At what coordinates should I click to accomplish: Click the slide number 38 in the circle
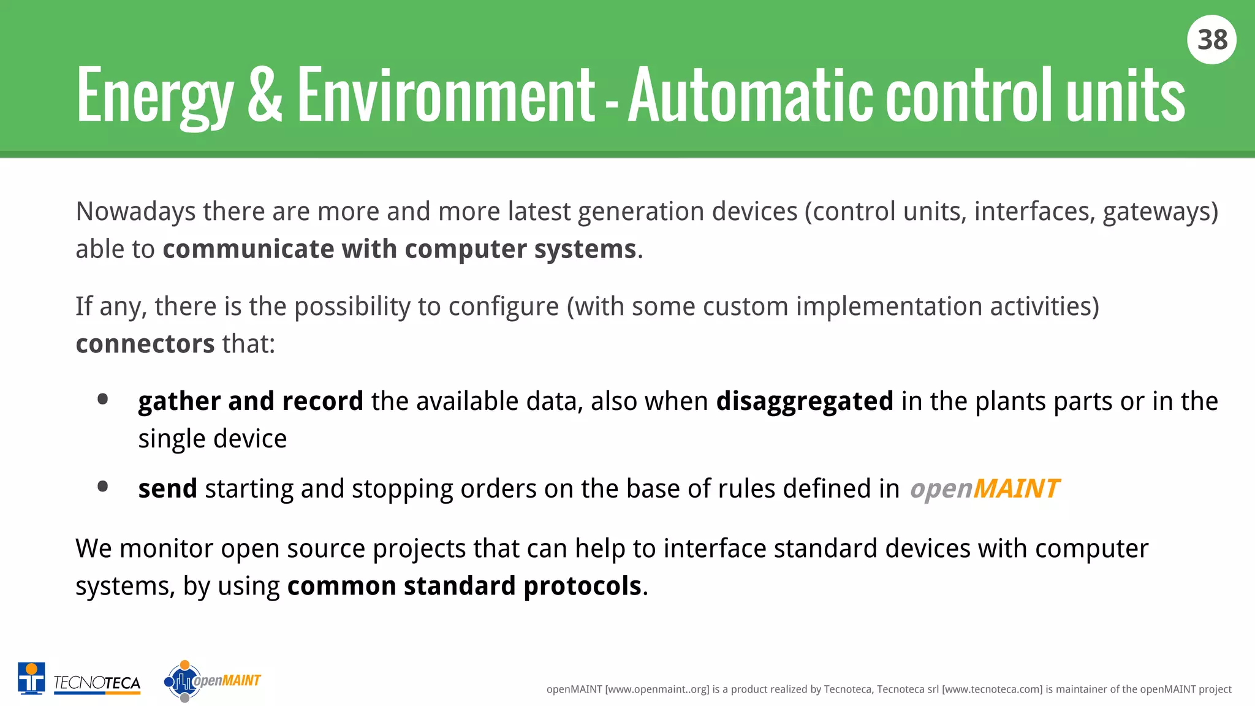click(x=1211, y=40)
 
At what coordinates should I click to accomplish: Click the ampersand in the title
click(x=265, y=95)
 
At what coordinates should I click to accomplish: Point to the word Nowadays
click(x=135, y=212)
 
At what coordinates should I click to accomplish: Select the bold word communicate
click(x=248, y=249)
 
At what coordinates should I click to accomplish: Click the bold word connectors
click(x=145, y=344)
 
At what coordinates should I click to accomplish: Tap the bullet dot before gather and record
click(x=103, y=400)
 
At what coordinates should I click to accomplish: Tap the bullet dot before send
click(x=103, y=487)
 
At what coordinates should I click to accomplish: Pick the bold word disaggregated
click(x=804, y=401)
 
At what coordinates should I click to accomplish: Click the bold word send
click(x=167, y=489)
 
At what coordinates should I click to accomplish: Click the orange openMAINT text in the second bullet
click(x=984, y=489)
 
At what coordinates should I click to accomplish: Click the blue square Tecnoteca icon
click(x=31, y=678)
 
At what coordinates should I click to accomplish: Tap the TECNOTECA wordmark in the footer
click(x=97, y=683)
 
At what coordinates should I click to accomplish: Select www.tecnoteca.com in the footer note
click(x=991, y=689)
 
